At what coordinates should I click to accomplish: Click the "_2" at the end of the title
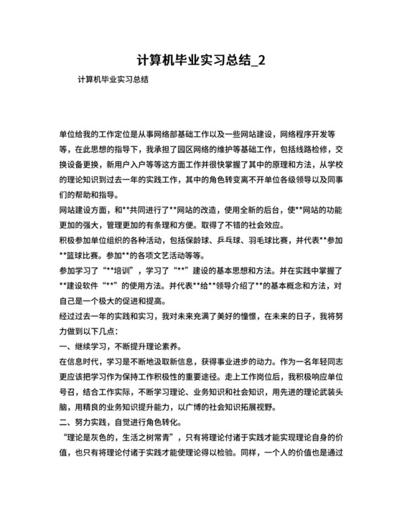pos(258,60)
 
